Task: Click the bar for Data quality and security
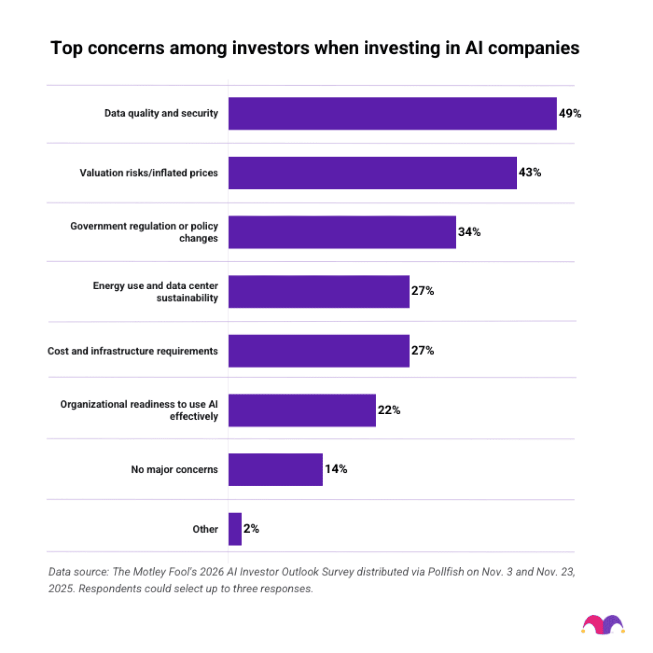392,113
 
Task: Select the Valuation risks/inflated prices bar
372,173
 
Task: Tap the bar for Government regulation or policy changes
342,232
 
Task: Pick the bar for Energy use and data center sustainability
319,291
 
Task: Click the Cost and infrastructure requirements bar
319,351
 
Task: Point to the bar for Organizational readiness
302,410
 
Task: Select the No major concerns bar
275,469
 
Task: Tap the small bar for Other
235,529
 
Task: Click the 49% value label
570,113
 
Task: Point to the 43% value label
530,172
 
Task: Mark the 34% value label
469,232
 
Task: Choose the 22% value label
389,410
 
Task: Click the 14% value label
336,469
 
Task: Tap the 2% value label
251,529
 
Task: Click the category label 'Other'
205,529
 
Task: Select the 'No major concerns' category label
174,469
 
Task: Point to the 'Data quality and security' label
161,113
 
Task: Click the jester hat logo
603,624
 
